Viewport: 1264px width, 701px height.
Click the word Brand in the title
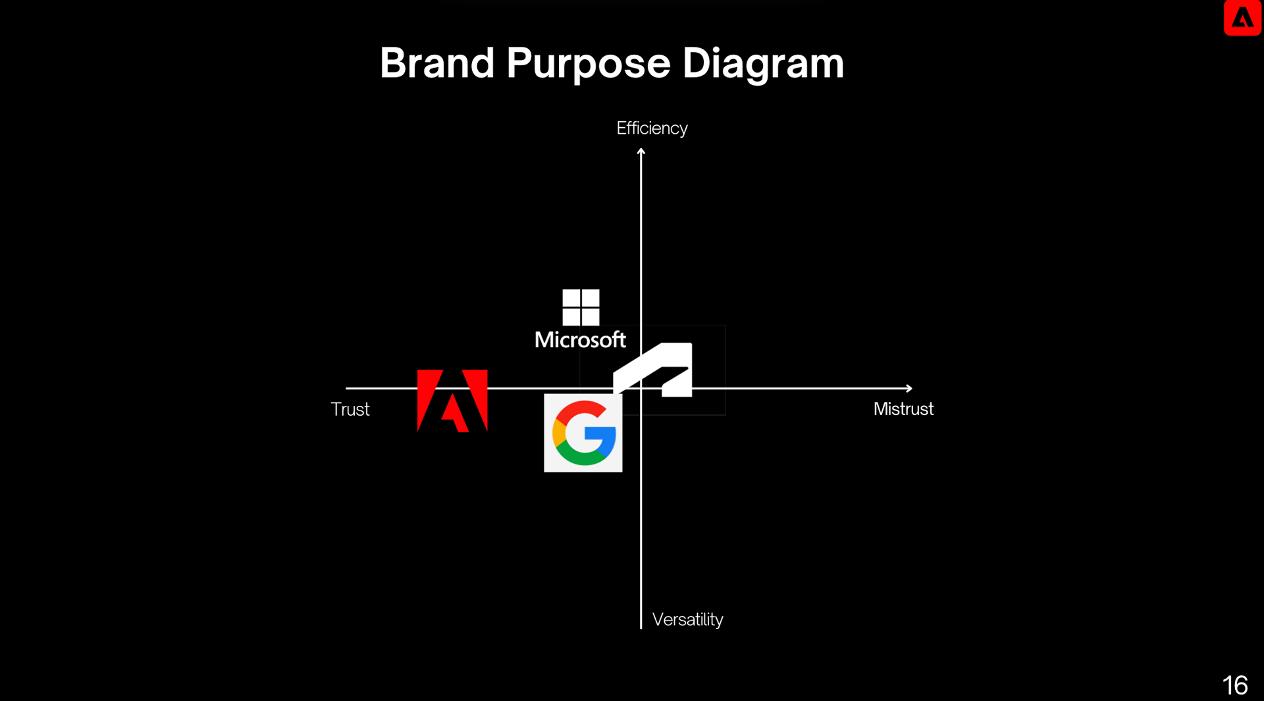coord(437,63)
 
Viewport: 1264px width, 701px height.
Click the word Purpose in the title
coord(588,65)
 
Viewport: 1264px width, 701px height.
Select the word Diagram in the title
coord(763,65)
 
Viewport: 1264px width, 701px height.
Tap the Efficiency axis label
coord(652,128)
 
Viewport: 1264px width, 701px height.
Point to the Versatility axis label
coord(687,619)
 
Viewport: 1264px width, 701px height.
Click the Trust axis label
coord(350,409)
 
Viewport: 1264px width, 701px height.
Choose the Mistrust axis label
coord(903,408)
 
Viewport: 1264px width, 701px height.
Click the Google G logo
coord(583,433)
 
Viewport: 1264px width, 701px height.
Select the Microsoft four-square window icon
coord(581,307)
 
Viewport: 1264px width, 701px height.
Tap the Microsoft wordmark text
coord(580,340)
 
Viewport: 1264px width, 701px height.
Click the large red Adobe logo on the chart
coord(452,401)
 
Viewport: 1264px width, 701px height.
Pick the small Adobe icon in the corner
coord(1242,18)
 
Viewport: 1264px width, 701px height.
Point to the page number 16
coord(1235,685)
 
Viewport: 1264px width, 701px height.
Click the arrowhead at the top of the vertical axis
coord(641,152)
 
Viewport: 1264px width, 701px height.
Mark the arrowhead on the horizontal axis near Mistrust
coord(909,388)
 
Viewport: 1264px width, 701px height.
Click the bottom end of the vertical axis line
coord(641,627)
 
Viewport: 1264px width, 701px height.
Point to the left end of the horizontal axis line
coord(348,388)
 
